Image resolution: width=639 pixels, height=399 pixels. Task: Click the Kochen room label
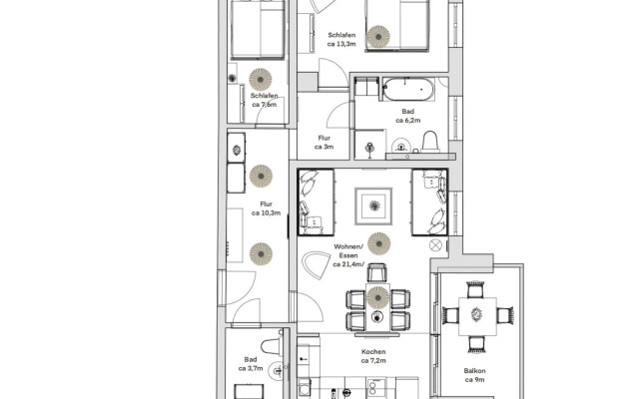tap(373, 352)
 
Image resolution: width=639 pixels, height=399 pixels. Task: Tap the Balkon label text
tap(474, 371)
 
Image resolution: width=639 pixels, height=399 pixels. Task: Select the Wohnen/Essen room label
tap(348, 251)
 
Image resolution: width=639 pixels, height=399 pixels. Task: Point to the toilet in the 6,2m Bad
tap(430, 142)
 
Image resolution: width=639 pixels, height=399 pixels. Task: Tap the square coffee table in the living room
tap(373, 206)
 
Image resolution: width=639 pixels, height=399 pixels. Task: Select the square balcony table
tap(477, 316)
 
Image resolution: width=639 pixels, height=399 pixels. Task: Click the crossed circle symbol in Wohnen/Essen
tap(435, 245)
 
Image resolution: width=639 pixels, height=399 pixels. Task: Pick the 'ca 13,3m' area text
tap(341, 44)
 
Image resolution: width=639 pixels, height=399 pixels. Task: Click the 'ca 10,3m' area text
tap(267, 212)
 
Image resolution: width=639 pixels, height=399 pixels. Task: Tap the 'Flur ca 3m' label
tap(323, 143)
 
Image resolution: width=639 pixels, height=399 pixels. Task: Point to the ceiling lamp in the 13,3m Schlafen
tap(378, 37)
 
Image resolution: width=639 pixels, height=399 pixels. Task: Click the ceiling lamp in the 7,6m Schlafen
tap(261, 80)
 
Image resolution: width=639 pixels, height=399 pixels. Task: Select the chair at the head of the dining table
tap(376, 272)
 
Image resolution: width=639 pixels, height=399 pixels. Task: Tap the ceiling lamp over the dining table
tap(377, 297)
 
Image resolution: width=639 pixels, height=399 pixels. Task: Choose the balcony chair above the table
tap(475, 289)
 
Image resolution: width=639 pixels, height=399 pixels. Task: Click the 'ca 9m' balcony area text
tap(474, 380)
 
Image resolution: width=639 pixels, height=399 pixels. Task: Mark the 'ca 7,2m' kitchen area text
tap(373, 361)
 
